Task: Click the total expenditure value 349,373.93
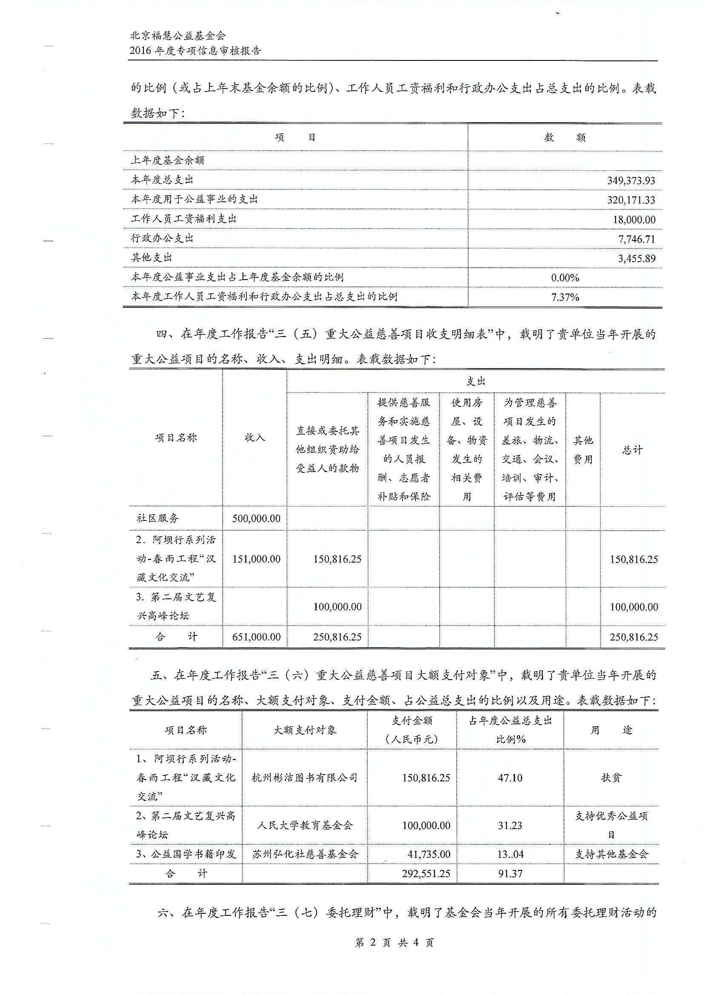coord(631,181)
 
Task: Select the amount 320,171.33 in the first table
coord(631,200)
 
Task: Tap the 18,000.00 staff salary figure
coord(634,220)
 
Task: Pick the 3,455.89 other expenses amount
coord(636,259)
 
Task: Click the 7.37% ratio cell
coord(565,297)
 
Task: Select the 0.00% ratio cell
coord(565,278)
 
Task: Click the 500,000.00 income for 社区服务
coord(256,519)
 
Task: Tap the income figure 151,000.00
coord(256,559)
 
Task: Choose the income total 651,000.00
coord(256,637)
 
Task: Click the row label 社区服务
coord(158,518)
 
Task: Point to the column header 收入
coord(255,437)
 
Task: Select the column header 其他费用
coord(583,450)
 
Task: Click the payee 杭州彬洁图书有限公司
coord(304,778)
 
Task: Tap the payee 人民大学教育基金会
coord(304,826)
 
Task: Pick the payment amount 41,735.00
coord(429,854)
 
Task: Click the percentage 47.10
coord(510,778)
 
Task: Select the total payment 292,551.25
coord(426,874)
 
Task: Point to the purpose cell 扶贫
coord(611,778)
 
